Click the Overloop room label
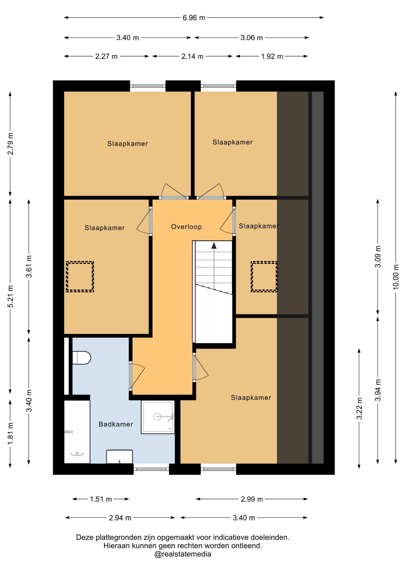pos(186,227)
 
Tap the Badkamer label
pos(116,424)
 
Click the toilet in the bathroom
pos(81,358)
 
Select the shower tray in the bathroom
pos(158,417)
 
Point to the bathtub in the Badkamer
pos(77,432)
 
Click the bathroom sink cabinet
pos(120,457)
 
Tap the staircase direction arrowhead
pos(214,246)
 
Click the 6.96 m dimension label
pos(194,18)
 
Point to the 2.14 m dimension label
pos(192,56)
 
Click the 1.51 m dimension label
pos(101,499)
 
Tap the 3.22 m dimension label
pos(359,408)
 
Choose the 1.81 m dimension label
pos(10,434)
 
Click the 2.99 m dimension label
pos(252,499)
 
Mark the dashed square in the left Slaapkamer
pos(80,277)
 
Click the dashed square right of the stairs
pos(264,277)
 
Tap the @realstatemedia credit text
pos(183,554)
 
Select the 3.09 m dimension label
pos(378,257)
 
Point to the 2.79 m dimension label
pos(10,144)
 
